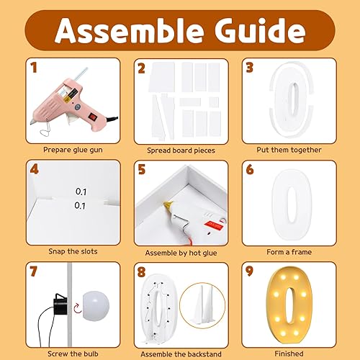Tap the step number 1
(33, 68)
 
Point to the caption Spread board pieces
(180, 150)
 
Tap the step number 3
(250, 68)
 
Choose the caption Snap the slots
(74, 251)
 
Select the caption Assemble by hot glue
(180, 251)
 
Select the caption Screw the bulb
(74, 354)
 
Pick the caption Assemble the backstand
(180, 354)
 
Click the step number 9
(250, 272)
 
